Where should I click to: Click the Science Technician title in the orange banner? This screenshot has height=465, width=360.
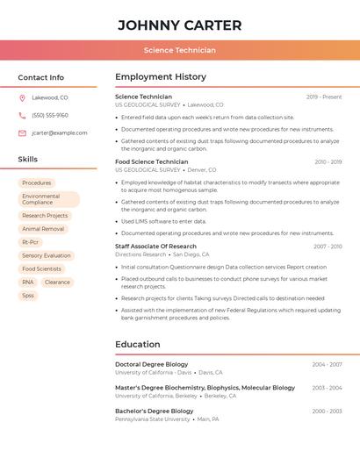pyautogui.click(x=179, y=50)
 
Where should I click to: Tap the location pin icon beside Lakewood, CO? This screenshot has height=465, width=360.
pyautogui.click(x=22, y=97)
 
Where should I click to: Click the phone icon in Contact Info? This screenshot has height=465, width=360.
pyautogui.click(x=22, y=115)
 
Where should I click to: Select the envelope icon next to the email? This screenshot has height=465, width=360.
pyautogui.click(x=22, y=132)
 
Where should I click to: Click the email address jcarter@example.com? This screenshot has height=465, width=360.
pyautogui.click(x=60, y=132)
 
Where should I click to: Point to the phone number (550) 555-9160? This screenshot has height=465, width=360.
pyautogui.click(x=50, y=115)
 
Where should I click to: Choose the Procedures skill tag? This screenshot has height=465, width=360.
pyautogui.click(x=37, y=182)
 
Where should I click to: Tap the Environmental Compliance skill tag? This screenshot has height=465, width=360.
pyautogui.click(x=48, y=199)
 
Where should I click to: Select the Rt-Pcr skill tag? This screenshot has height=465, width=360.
pyautogui.click(x=31, y=242)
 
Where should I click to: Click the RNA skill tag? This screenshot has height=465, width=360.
pyautogui.click(x=28, y=282)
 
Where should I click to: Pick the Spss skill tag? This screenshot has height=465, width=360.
pyautogui.click(x=28, y=296)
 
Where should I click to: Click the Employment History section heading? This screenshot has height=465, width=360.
pyautogui.click(x=161, y=77)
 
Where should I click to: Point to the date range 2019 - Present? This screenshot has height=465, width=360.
pyautogui.click(x=324, y=97)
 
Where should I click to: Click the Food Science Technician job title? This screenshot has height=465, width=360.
pyautogui.click(x=152, y=161)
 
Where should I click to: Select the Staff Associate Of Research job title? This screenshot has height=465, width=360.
pyautogui.click(x=155, y=247)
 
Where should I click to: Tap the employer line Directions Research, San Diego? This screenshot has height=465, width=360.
pyautogui.click(x=162, y=254)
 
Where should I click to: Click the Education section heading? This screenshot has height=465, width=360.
pyautogui.click(x=138, y=345)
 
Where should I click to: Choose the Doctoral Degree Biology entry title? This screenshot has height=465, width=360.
pyautogui.click(x=152, y=364)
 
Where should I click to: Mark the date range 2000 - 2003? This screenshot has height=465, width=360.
pyautogui.click(x=327, y=411)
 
